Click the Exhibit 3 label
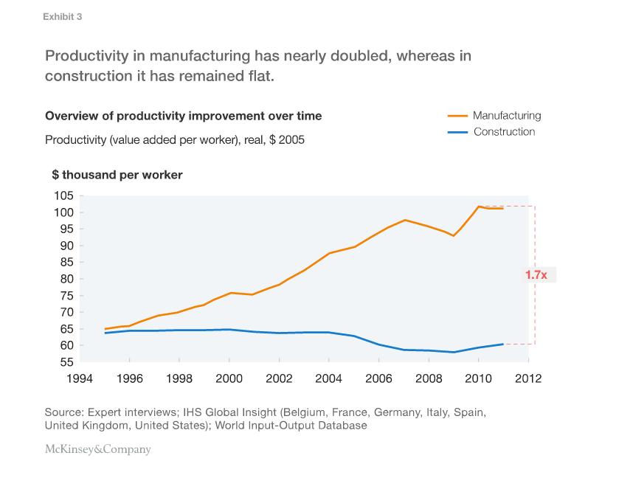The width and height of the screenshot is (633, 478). click(62, 16)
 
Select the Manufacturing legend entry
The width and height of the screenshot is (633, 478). click(494, 116)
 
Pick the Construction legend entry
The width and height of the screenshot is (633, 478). click(491, 131)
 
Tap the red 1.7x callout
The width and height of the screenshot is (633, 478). click(536, 275)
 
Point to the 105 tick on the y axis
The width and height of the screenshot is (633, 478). click(63, 195)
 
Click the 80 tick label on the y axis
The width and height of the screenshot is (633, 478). click(66, 279)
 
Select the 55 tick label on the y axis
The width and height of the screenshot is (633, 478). click(66, 362)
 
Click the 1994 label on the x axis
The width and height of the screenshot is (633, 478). click(80, 378)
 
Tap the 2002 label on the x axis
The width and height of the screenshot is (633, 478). click(279, 378)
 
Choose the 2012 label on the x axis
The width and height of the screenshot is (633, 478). click(528, 378)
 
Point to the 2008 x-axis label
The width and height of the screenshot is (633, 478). click(429, 378)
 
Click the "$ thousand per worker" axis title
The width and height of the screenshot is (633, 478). click(117, 175)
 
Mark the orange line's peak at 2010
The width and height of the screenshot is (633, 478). click(478, 207)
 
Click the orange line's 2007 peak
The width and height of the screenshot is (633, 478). click(405, 220)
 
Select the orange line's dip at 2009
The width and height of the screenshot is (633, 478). click(454, 236)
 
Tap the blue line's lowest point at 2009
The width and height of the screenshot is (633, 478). click(454, 352)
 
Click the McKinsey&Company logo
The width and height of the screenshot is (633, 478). click(98, 449)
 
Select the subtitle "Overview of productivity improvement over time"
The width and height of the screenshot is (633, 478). click(184, 116)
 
